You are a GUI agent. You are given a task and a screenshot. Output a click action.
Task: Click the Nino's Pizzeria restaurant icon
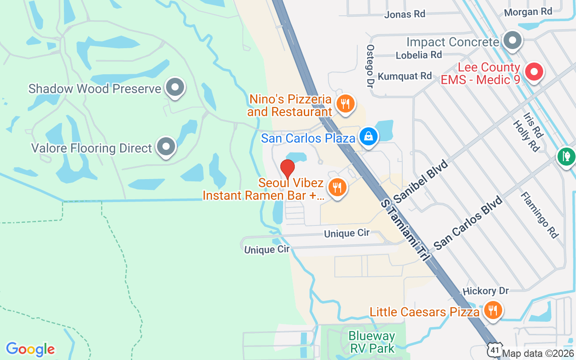(x=345, y=104)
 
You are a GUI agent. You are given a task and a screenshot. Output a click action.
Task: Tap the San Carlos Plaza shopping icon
(x=369, y=135)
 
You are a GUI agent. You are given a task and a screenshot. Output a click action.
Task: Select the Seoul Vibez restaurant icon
(x=337, y=187)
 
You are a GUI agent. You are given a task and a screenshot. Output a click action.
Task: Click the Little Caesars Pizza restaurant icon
(x=493, y=310)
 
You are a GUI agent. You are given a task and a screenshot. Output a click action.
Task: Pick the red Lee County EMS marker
(x=534, y=72)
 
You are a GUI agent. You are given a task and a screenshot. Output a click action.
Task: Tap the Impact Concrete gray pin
(x=512, y=41)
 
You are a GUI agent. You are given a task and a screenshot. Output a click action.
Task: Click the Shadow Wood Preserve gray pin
(x=175, y=87)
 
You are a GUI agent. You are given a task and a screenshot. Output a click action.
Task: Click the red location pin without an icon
(x=288, y=169)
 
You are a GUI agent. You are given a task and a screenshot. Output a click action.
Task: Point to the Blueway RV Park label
(x=372, y=342)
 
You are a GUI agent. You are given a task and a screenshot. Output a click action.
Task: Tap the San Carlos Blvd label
(x=468, y=223)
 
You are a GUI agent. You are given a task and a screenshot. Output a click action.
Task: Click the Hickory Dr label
(x=486, y=291)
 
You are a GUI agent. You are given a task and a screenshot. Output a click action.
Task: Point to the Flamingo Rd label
(x=539, y=215)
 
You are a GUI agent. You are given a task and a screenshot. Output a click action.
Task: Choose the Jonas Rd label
(x=405, y=14)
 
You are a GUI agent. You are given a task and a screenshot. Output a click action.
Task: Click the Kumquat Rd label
(x=405, y=76)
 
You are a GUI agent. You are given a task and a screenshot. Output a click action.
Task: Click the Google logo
(x=31, y=349)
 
